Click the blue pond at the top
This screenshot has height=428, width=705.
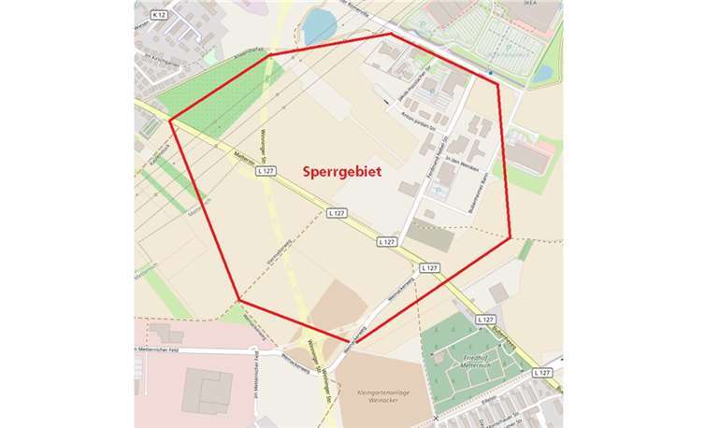coord(317,26)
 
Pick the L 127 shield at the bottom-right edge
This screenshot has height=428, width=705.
coord(541,372)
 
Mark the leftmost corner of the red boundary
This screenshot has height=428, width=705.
coord(169,119)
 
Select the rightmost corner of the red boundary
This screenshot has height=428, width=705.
coord(511,237)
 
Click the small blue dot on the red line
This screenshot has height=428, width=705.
coord(489,72)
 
